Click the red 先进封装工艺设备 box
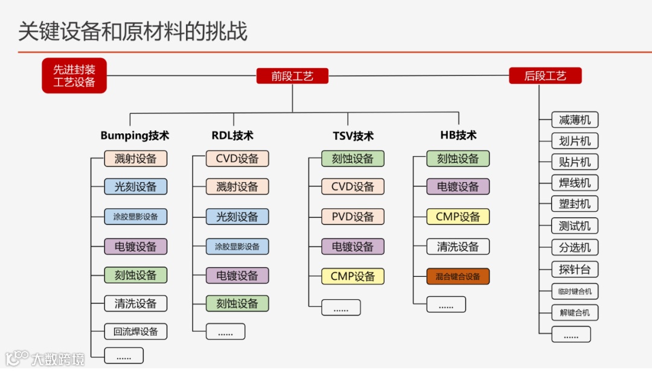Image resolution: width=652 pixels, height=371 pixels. [74, 75]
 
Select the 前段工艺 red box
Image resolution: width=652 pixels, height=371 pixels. [292, 75]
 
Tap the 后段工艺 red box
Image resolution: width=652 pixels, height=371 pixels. [545, 75]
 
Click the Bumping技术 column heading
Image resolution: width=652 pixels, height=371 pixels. [135, 135]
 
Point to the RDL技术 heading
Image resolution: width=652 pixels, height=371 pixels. [232, 135]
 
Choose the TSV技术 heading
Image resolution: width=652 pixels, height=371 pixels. [353, 136]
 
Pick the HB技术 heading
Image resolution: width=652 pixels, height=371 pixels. [458, 135]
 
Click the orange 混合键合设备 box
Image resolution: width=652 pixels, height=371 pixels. [458, 276]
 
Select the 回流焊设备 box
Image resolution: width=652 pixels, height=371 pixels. [135, 331]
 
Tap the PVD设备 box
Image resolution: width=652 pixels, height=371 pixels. [353, 217]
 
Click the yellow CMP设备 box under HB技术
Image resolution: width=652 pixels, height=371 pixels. [458, 217]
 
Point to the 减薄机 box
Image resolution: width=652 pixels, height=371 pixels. [575, 119]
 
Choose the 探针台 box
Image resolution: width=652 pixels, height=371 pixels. [575, 268]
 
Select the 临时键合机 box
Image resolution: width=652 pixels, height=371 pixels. [575, 291]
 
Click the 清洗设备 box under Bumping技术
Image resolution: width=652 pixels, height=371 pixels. [135, 303]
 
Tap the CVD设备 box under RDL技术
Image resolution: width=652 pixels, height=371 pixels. [237, 159]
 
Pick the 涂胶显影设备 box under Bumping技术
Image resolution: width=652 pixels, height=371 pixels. [135, 217]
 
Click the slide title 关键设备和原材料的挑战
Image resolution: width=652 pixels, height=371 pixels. [133, 31]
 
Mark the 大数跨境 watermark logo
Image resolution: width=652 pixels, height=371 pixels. [45, 358]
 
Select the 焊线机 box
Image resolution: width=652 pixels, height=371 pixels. [575, 183]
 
